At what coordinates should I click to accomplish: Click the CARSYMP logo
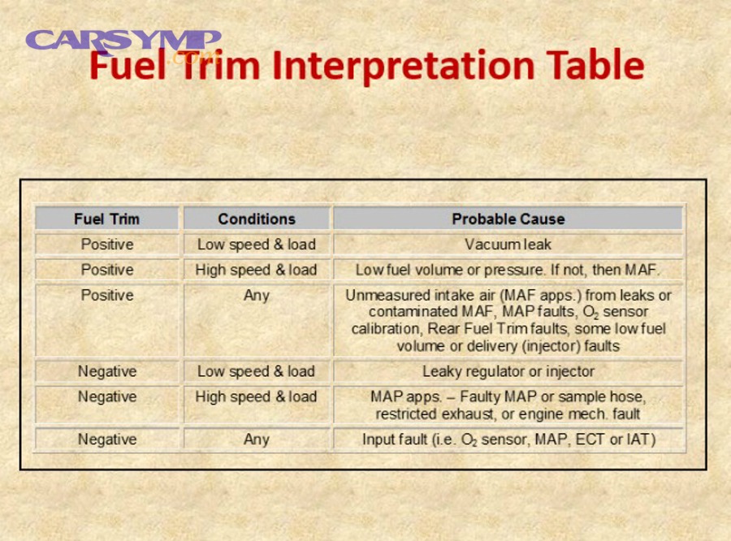[123, 43]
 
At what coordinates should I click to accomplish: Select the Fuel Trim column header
[106, 219]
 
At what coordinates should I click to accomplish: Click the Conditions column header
[257, 219]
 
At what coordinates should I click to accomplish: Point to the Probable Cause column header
[508, 219]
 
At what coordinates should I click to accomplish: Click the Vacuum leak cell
[508, 245]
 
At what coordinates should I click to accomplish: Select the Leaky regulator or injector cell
[508, 371]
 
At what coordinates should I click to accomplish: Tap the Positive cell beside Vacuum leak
[107, 245]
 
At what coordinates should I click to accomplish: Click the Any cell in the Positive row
[257, 296]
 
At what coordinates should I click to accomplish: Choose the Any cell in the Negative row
[257, 439]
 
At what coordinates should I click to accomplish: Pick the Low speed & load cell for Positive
[257, 245]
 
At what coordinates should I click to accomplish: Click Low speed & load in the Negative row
[257, 372]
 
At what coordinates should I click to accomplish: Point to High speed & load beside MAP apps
[256, 397]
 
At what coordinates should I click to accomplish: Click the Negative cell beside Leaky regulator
[107, 371]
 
